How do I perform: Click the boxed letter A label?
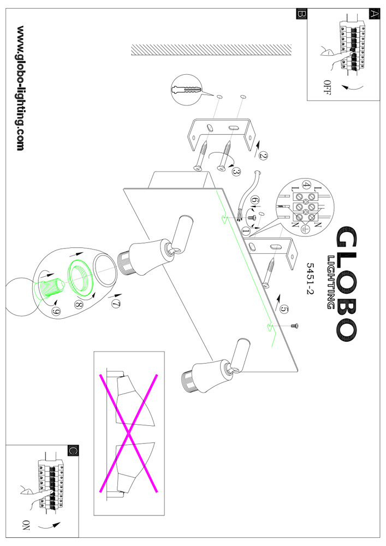tap(374, 15)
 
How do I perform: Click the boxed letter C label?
tap(73, 450)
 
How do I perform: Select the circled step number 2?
tap(264, 155)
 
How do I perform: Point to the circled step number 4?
tap(307, 186)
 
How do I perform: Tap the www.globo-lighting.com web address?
tap(21, 88)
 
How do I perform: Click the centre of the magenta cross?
tap(128, 434)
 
